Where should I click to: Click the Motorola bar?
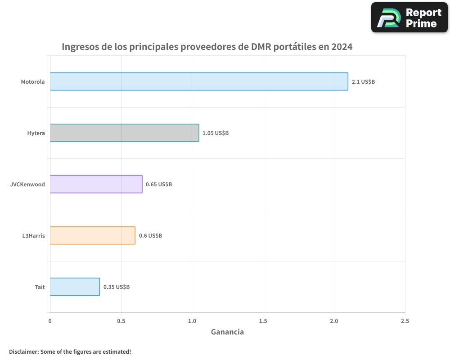tap(199, 81)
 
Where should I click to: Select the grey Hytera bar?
tap(124, 133)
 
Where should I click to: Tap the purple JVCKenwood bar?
tap(96, 184)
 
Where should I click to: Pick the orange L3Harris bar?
tap(92, 235)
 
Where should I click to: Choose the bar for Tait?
tap(75, 287)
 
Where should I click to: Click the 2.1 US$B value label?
tap(363, 82)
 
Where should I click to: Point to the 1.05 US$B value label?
tap(216, 133)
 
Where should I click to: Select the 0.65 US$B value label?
tap(159, 184)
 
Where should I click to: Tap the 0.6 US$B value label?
tap(150, 236)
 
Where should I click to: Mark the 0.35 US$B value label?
tap(117, 287)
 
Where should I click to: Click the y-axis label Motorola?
tap(33, 82)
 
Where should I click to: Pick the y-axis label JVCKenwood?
tap(27, 184)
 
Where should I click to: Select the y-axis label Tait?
tap(40, 287)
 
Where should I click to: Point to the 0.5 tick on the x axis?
tap(121, 321)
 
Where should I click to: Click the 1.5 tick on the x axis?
tap(263, 321)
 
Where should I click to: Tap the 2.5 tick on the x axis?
tap(405, 321)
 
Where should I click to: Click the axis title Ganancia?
tap(227, 332)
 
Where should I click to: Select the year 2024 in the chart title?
tap(342, 47)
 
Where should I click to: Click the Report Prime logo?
tap(409, 18)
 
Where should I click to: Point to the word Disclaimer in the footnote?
tap(23, 351)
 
